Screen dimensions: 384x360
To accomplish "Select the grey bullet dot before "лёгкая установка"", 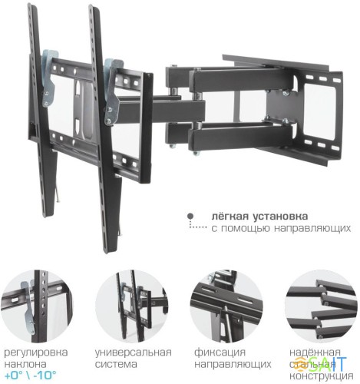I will click(x=190, y=217).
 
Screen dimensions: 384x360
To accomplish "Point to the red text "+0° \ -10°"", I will click(x=33, y=376).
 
